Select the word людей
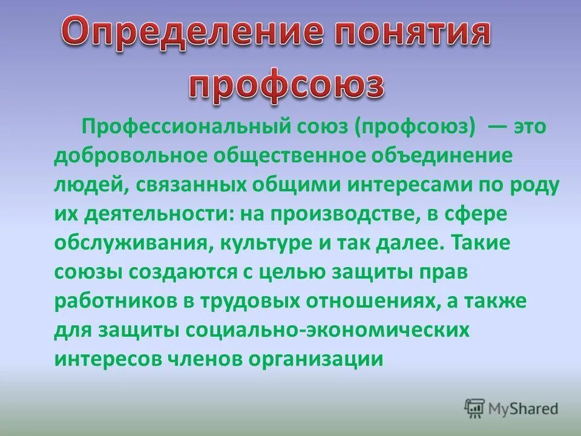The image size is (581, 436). coord(87,186)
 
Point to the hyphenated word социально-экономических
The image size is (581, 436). coord(329,329)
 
